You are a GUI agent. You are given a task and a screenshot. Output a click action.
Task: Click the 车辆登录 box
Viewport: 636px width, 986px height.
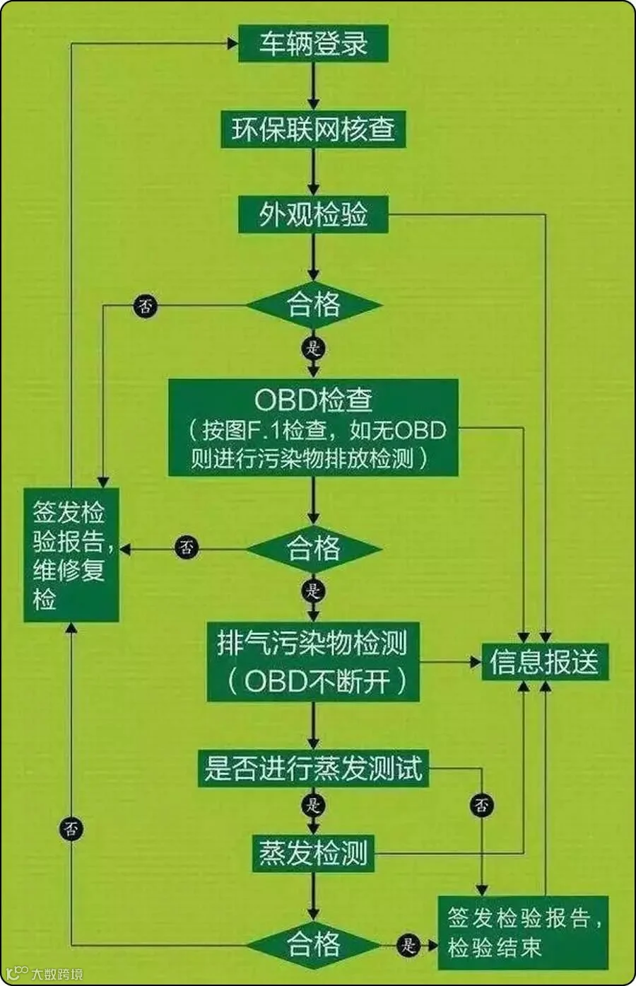tap(313, 44)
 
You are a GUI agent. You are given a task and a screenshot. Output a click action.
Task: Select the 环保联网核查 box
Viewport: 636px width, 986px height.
tap(313, 129)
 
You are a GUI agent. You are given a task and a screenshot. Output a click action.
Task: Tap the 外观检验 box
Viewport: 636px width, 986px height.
tap(313, 214)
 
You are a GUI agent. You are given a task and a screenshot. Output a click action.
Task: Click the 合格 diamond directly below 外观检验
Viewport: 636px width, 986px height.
tap(313, 306)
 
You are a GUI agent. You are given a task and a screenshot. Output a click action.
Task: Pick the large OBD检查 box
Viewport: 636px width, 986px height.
tap(313, 427)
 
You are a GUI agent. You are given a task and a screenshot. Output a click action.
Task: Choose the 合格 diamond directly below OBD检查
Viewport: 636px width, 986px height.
tap(313, 549)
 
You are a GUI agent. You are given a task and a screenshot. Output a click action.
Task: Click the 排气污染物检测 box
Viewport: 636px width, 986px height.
tap(313, 662)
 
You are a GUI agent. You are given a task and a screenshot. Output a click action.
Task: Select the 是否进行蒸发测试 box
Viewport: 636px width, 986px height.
tap(313, 767)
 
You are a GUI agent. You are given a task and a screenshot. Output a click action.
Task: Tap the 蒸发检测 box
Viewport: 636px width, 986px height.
tap(313, 853)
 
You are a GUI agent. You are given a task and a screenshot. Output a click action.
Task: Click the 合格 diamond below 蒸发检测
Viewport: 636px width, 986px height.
tap(313, 944)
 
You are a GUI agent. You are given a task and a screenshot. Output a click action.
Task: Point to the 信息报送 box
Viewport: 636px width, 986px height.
tap(544, 663)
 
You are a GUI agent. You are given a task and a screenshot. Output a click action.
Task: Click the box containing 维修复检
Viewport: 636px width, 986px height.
tap(71, 555)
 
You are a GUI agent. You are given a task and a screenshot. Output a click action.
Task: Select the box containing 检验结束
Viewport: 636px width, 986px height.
tap(524, 933)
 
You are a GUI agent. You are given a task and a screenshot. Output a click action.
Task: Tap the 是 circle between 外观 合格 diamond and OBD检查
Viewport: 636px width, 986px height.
tap(313, 348)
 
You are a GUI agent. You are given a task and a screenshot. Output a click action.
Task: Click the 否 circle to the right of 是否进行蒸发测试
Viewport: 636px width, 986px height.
tap(483, 805)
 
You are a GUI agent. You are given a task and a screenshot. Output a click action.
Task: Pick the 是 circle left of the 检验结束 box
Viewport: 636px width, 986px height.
tap(408, 944)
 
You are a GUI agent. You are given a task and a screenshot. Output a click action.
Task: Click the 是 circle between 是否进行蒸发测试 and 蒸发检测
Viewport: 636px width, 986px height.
tap(313, 805)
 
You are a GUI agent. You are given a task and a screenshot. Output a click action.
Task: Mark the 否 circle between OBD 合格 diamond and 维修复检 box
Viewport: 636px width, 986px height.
tap(187, 547)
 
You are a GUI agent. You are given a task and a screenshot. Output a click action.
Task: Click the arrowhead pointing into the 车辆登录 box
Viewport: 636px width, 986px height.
tap(231, 44)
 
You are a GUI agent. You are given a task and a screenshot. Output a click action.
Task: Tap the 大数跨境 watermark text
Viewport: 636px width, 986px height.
tap(57, 974)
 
